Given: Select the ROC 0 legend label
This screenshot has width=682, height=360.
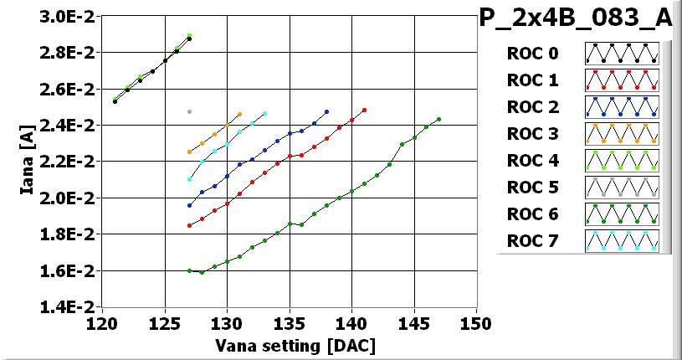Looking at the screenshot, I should pyautogui.click(x=531, y=54).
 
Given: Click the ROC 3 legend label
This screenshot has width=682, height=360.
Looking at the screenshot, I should pyautogui.click(x=531, y=135).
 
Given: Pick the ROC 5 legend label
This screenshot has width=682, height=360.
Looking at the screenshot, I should pyautogui.click(x=531, y=188).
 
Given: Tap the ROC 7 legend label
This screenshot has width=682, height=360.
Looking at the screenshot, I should pyautogui.click(x=531, y=242).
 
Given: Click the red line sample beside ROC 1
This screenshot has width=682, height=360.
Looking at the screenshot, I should pyautogui.click(x=622, y=80).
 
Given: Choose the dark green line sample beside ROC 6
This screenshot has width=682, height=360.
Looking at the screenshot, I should pyautogui.click(x=622, y=214).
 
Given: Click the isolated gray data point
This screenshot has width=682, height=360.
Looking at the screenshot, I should pyautogui.click(x=189, y=111).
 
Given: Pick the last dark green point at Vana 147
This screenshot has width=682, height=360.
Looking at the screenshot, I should pyautogui.click(x=438, y=119).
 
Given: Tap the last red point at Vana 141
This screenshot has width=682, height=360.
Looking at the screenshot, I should pyautogui.click(x=364, y=110).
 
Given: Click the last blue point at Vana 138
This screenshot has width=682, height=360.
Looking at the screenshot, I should pyautogui.click(x=326, y=111).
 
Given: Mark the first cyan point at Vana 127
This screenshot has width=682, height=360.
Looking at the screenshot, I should pyautogui.click(x=189, y=179).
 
